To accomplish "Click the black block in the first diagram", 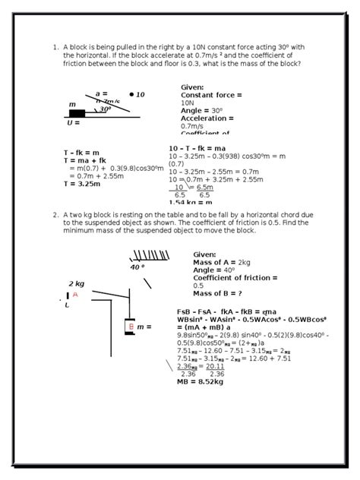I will coord(77,114).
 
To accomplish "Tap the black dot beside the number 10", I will coord(131,95).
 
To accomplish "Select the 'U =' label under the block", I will coord(74,122).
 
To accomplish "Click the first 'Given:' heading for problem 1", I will coord(193,87).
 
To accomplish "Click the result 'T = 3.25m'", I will coord(82,183).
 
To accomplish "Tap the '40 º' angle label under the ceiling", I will coord(137,267).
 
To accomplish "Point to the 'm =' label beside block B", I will coord(144,327).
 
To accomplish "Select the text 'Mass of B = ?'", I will coord(218,293).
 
